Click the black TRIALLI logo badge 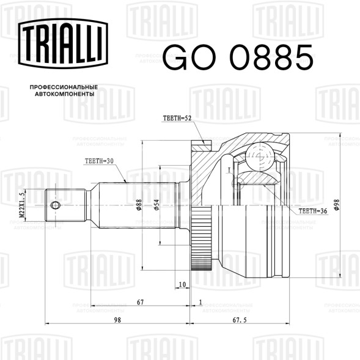[63, 43]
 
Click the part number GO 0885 [238, 57]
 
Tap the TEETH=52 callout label [177, 118]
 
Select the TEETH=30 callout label [99, 161]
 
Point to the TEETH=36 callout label [313, 211]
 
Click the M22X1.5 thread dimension [21, 205]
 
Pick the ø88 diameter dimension [139, 205]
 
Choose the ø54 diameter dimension [156, 205]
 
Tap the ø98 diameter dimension [337, 205]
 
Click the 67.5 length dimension [240, 320]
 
